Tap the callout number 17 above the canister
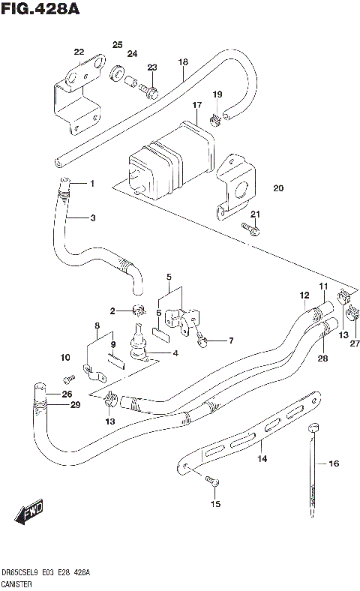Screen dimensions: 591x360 coord(197,105)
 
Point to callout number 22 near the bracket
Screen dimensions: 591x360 coord(79,52)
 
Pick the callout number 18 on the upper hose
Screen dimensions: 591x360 coord(182,62)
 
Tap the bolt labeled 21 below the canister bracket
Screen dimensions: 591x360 coord(251,229)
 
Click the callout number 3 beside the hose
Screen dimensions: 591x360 coord(92,218)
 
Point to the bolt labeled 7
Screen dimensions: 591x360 coord(202,340)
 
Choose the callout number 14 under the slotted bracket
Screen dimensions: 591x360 coord(262,458)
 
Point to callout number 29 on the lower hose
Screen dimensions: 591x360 coord(74,406)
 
